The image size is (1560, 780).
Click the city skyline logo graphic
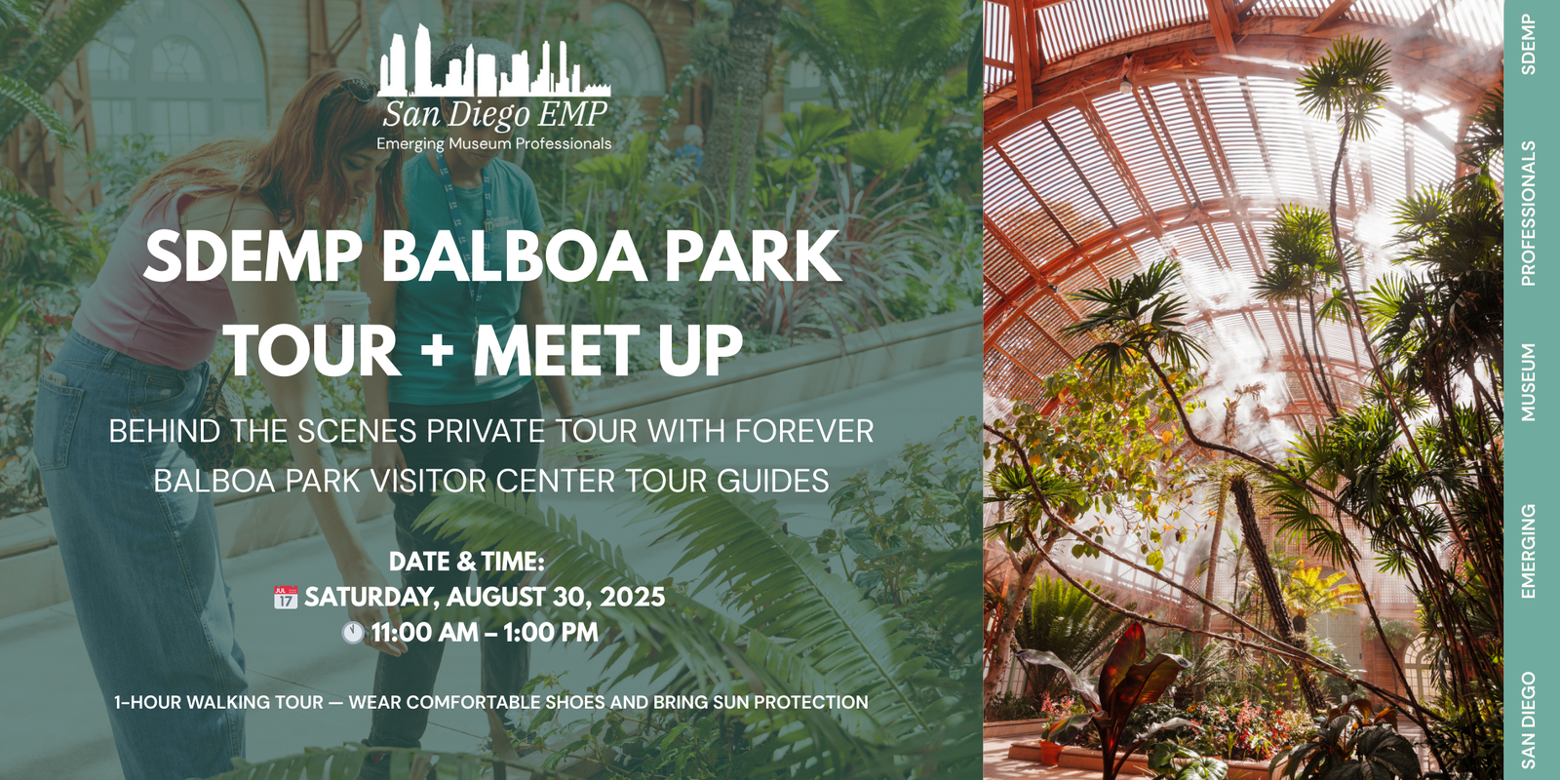493,62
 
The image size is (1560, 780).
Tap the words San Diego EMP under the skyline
494,115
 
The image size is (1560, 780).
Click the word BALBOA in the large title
513,256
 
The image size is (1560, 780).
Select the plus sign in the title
438,348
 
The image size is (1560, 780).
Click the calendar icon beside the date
286,597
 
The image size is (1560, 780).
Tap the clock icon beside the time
353,633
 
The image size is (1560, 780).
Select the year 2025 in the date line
633,597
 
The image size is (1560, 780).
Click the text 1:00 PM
551,633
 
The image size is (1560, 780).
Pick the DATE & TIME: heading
467,562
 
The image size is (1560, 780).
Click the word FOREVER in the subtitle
804,431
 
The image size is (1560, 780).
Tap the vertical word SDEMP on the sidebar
1529,45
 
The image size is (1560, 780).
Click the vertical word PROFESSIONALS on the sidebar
1529,214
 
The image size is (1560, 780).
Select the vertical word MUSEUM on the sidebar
1529,382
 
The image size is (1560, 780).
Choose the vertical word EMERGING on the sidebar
1529,551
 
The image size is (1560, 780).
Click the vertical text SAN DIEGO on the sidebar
1529,720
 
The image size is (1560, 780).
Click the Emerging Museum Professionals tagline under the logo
494,144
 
